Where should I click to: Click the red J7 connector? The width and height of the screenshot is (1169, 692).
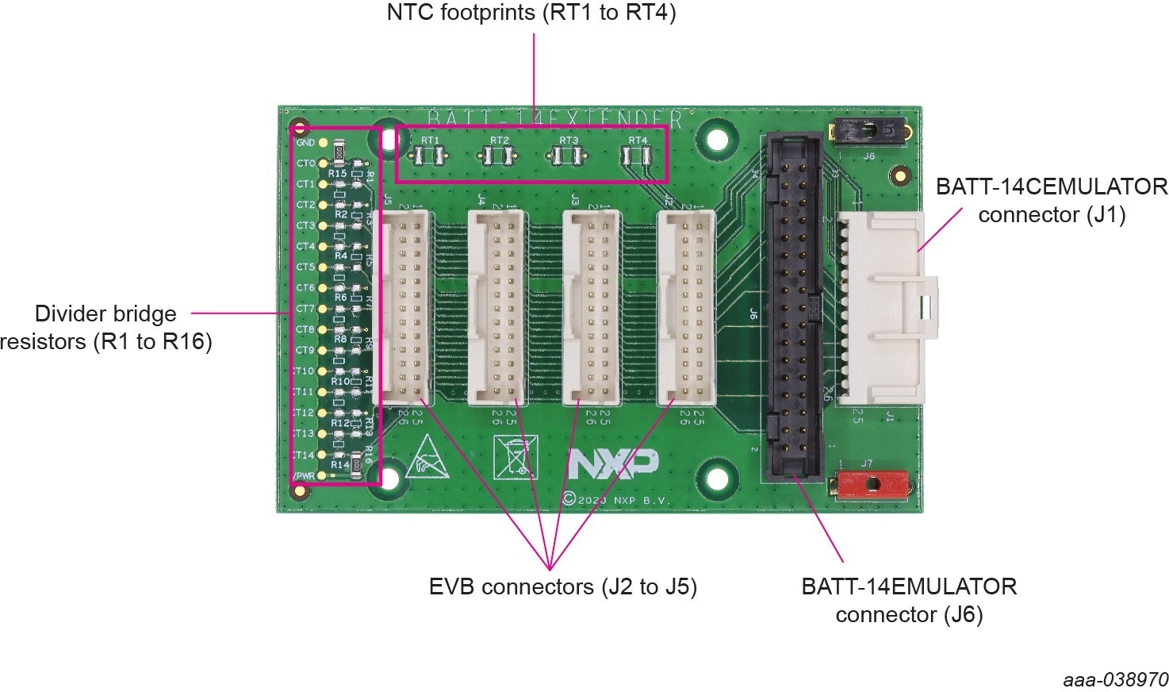[x=872, y=483]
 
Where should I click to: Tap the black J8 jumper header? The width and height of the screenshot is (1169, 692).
[x=867, y=129]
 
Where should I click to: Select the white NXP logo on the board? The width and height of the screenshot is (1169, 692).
[x=612, y=465]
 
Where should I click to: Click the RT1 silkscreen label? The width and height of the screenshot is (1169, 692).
[x=430, y=140]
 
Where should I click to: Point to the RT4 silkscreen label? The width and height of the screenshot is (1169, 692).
[x=638, y=140]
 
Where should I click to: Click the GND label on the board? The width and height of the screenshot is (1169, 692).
[x=305, y=143]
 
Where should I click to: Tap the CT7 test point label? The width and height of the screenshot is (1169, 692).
[x=305, y=309]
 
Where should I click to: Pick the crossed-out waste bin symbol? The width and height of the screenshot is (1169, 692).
[x=512, y=458]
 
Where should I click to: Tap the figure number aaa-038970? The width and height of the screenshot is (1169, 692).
[x=1115, y=680]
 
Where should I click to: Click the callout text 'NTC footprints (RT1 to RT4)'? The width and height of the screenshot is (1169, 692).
[x=531, y=13]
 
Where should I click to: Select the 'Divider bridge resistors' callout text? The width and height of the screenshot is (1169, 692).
[x=106, y=328]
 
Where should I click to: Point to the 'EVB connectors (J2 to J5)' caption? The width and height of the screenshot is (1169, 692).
[x=562, y=587]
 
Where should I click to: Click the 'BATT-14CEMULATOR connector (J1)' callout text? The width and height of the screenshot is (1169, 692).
[x=1052, y=201]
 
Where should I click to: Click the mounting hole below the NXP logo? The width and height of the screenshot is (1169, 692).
[x=717, y=479]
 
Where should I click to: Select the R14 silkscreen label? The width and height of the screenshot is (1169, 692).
[x=339, y=464]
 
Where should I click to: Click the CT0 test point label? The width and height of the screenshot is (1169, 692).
[x=305, y=163]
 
